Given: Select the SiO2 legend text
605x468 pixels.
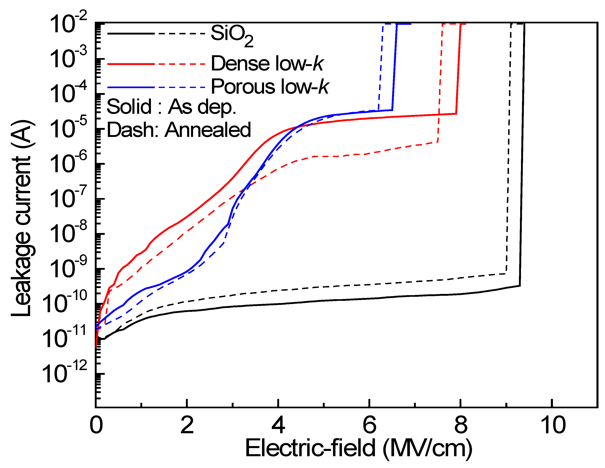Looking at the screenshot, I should pos(232,35).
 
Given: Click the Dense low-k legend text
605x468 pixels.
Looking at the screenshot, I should pos(267,64).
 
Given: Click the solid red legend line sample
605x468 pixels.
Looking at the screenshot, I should pos(130,64).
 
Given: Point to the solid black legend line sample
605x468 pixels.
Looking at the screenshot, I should pos(130,34).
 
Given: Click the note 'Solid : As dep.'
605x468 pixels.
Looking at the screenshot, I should pos(171,107).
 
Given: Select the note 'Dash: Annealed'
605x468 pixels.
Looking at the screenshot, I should pos(179,130).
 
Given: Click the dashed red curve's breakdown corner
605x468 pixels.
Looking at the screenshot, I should pos(437,142).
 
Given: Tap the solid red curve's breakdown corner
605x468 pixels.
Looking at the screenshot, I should pos(456,114).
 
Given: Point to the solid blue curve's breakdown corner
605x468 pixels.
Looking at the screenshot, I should pos(392,110).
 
